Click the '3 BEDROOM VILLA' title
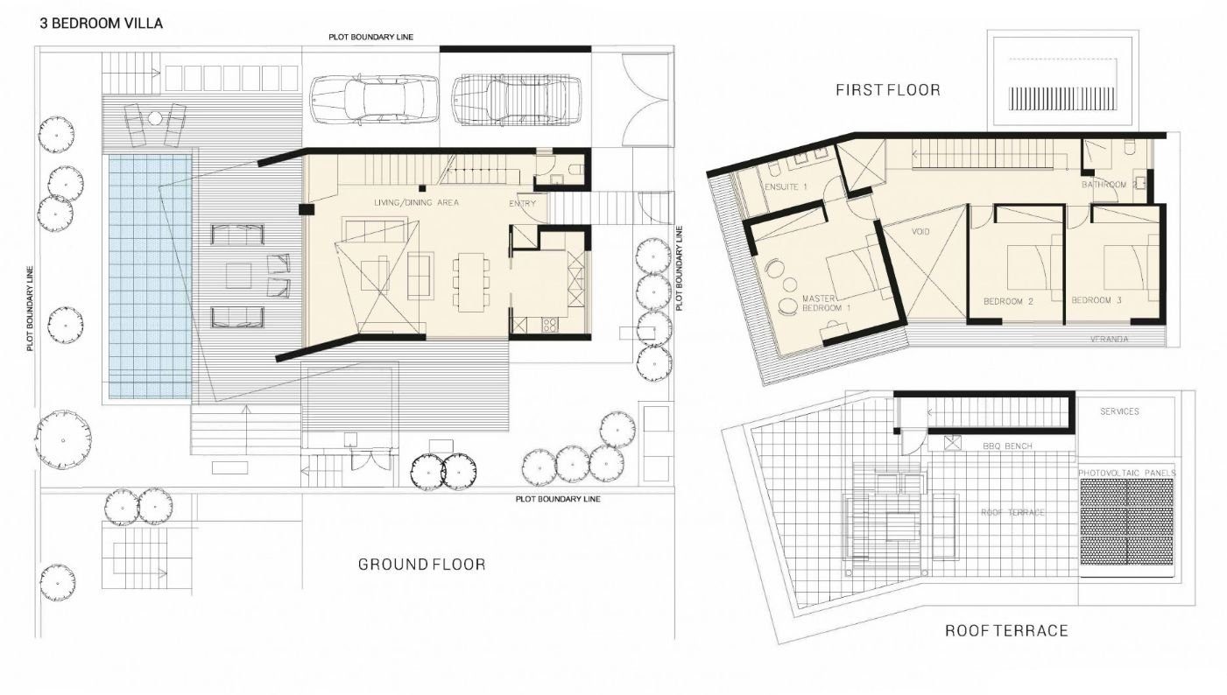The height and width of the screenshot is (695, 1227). [102, 24]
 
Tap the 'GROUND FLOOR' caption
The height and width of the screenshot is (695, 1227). [422, 564]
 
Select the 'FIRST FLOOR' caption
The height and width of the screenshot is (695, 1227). [888, 90]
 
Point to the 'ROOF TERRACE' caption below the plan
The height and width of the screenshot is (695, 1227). [1006, 630]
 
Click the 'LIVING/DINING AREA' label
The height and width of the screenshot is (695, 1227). [416, 202]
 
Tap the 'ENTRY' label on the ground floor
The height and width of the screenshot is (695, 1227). [522, 203]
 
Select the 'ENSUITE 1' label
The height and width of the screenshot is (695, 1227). [786, 186]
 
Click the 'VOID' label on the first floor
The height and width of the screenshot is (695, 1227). [920, 231]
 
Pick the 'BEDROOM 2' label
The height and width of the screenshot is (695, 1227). [1008, 301]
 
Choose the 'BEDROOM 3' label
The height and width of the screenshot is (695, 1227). [1097, 300]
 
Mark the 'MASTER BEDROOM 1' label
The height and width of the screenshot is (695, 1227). [826, 303]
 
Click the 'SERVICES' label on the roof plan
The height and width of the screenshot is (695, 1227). [1119, 411]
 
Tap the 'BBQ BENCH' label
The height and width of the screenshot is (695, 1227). [1007, 446]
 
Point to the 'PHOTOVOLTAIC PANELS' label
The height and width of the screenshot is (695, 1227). [1127, 473]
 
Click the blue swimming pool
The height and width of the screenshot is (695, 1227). [150, 277]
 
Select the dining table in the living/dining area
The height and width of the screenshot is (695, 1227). [471, 282]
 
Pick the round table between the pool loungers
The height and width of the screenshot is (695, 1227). [155, 118]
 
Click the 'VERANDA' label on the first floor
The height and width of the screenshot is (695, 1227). [1109, 339]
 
